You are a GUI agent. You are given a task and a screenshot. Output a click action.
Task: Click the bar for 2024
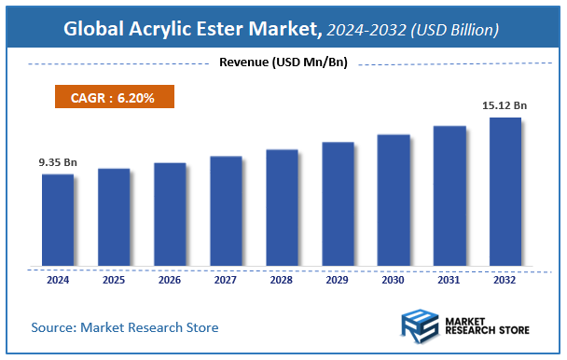[58, 220]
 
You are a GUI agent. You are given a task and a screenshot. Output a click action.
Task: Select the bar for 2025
[114, 217]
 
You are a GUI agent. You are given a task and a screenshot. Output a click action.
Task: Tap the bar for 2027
[226, 211]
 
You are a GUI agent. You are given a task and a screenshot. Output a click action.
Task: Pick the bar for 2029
[338, 204]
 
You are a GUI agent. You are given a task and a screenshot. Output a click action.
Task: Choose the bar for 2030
[394, 201]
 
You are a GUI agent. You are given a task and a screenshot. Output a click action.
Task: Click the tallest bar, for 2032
[505, 191]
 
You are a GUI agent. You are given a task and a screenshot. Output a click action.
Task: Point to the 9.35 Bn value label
[58, 162]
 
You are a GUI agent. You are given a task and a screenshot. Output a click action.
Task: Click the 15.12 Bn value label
[505, 105]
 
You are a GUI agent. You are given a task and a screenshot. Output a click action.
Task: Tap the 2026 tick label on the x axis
[170, 278]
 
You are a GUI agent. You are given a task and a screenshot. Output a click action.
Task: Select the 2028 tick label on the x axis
[282, 278]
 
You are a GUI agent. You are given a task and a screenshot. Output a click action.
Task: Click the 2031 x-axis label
[449, 278]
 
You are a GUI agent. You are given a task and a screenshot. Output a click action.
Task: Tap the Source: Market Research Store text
[125, 327]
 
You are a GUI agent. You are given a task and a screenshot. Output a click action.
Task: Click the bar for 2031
[449, 196]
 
